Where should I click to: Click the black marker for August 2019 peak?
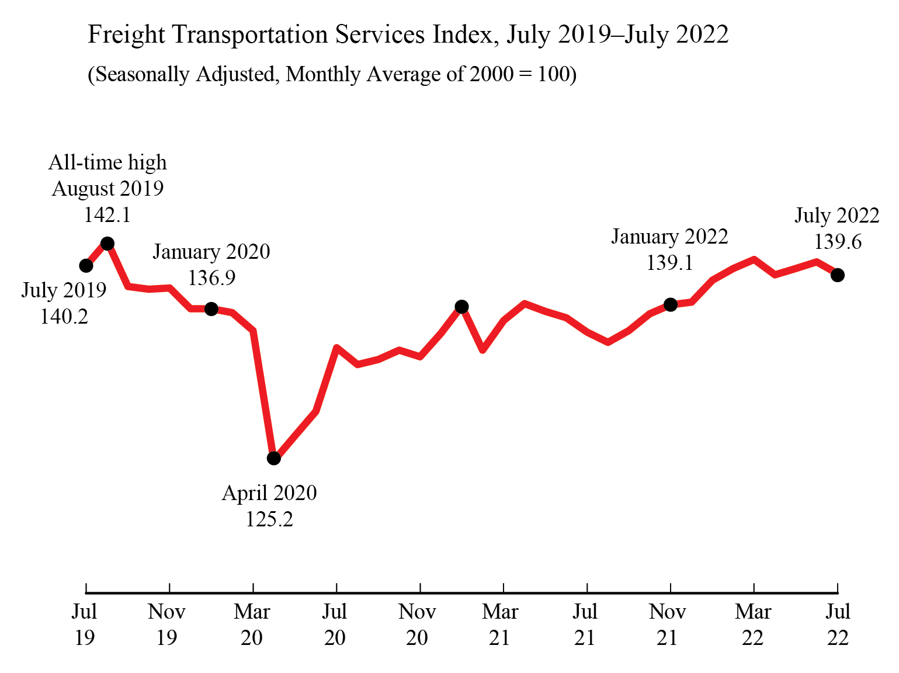click(x=107, y=244)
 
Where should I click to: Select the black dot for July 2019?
click(x=86, y=266)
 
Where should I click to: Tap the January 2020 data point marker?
click(x=211, y=308)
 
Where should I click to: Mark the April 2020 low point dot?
click(x=274, y=459)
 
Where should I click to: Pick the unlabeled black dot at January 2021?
click(x=461, y=307)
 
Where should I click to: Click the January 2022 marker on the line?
click(x=671, y=304)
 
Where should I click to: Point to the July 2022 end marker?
click(x=838, y=275)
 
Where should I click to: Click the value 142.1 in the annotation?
click(x=107, y=215)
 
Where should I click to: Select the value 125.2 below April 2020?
click(x=269, y=519)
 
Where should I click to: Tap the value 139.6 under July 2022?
click(x=838, y=242)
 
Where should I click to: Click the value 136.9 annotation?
click(x=211, y=278)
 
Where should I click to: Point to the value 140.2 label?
click(x=64, y=317)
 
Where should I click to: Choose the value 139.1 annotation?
click(x=669, y=263)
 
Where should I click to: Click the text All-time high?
click(x=107, y=162)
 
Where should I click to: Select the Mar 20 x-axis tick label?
click(x=252, y=625)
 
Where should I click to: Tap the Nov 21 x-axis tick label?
click(x=667, y=625)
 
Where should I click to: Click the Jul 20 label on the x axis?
click(x=335, y=625)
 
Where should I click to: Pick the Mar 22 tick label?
click(x=753, y=625)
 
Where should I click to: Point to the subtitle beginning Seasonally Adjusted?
click(x=332, y=74)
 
